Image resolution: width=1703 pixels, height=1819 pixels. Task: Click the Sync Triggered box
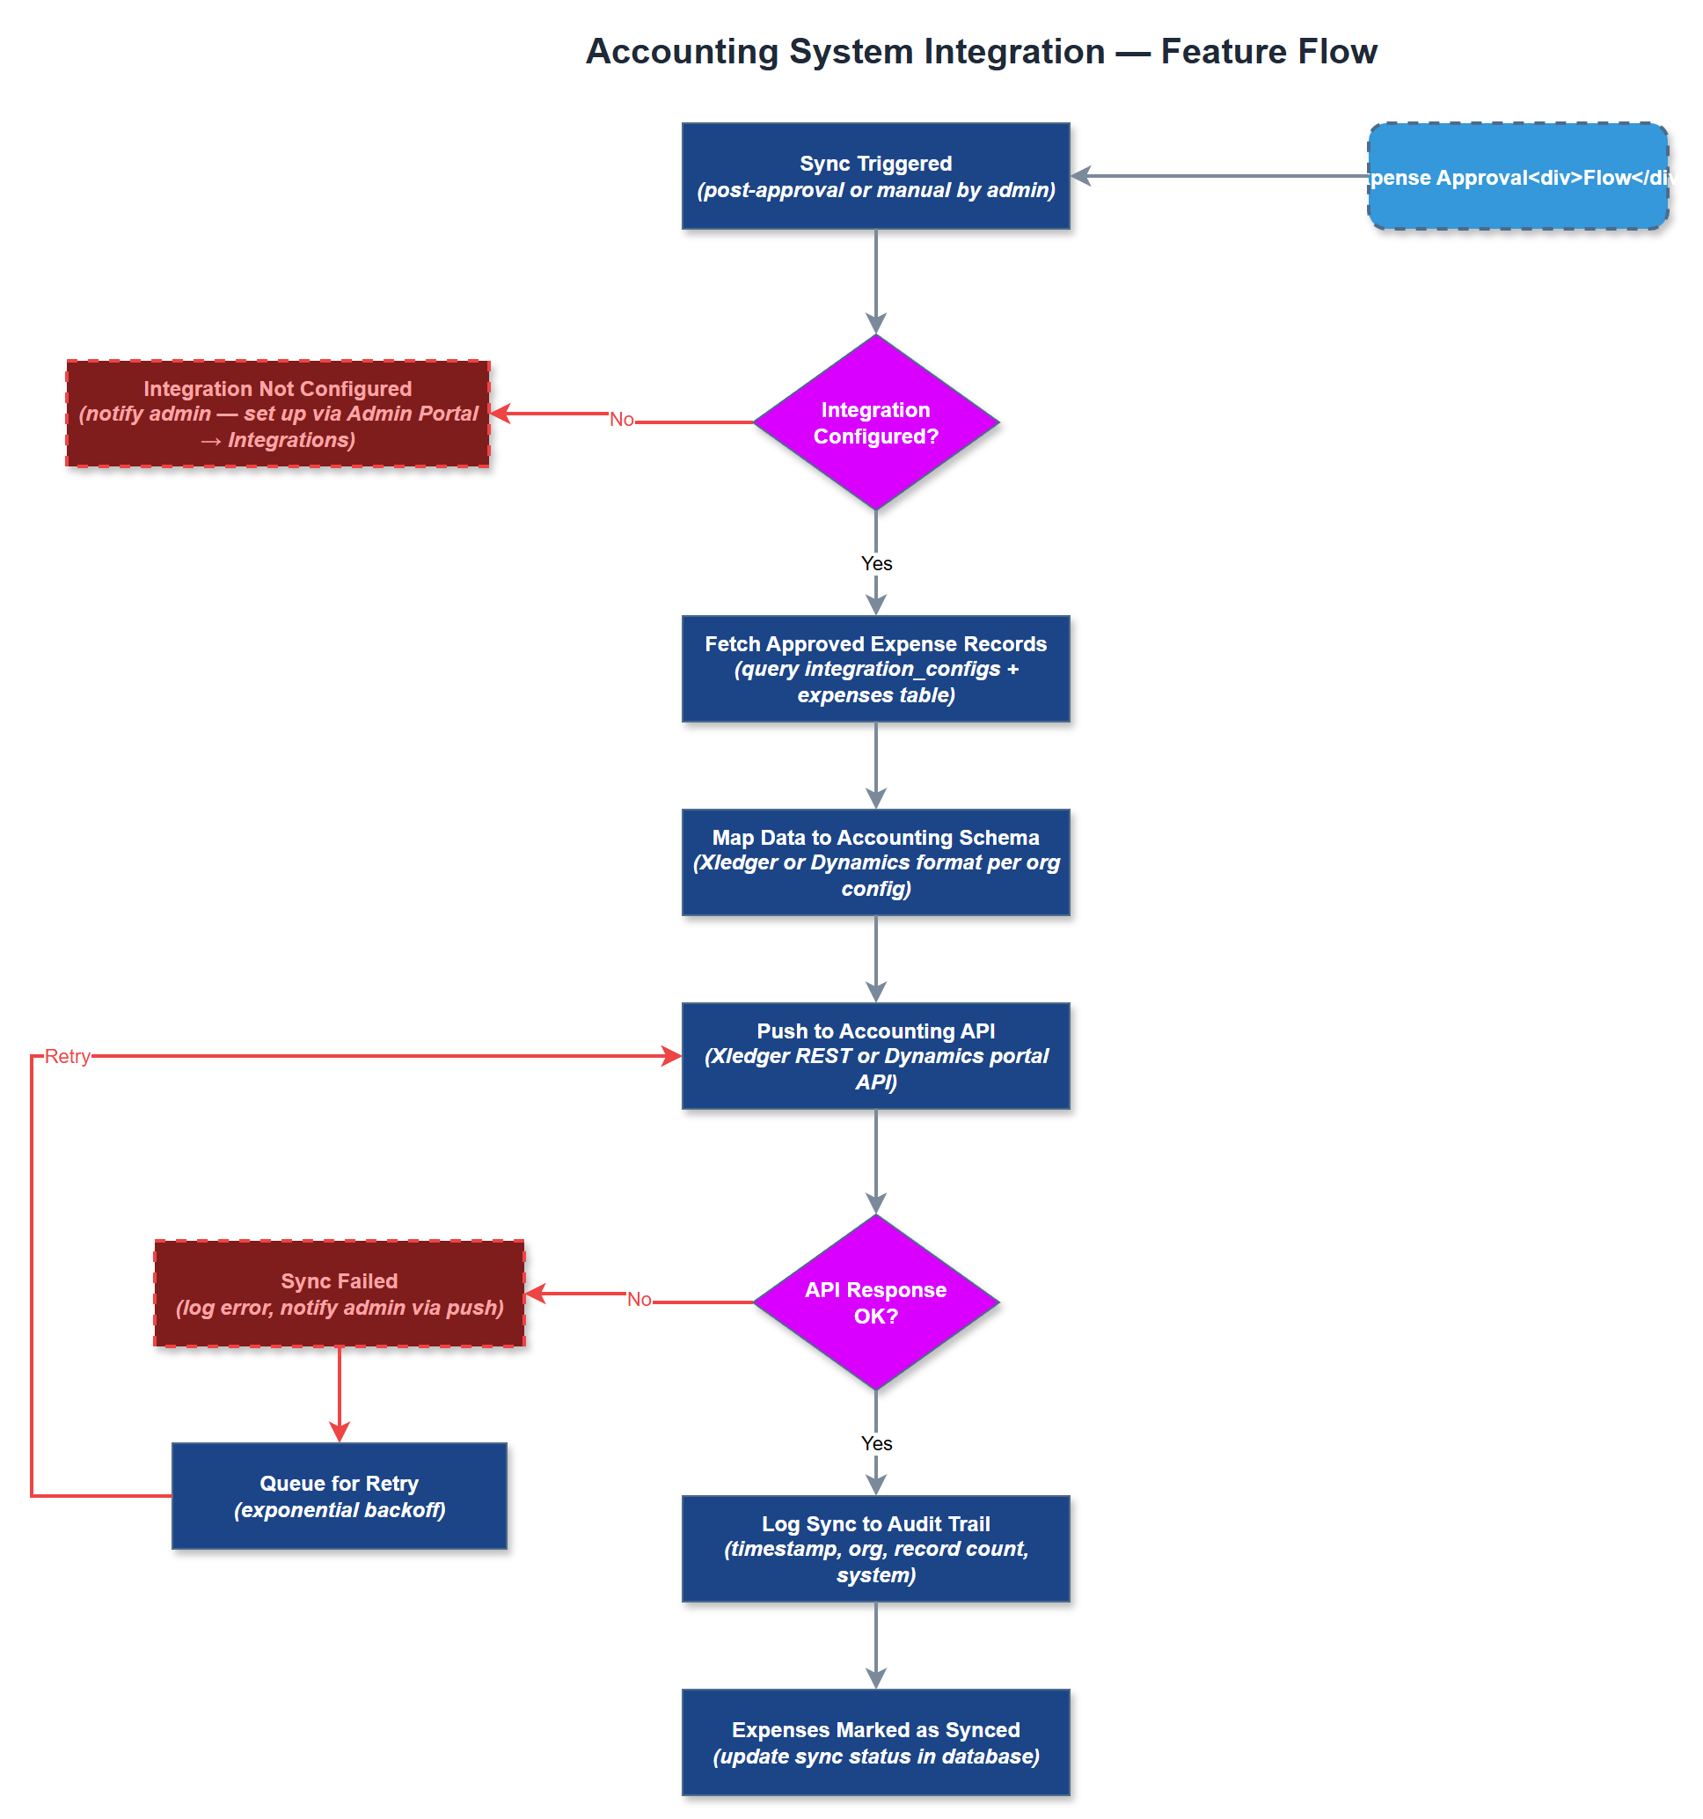pos(875,176)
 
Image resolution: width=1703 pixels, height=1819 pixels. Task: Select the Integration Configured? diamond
pos(875,422)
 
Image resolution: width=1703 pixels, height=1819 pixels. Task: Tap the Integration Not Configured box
pos(277,414)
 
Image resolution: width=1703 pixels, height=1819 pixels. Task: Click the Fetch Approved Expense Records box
pos(875,669)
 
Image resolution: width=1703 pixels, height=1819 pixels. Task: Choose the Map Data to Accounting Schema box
pos(875,862)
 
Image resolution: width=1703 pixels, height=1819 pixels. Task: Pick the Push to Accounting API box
pos(875,1056)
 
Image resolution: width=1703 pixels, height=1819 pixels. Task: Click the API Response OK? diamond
pos(875,1302)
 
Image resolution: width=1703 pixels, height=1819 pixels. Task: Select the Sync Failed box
pos(340,1293)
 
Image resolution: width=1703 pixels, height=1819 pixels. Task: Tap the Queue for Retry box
pos(340,1496)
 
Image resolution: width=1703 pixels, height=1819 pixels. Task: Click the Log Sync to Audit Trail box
pos(875,1548)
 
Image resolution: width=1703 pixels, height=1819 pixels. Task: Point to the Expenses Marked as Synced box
pos(875,1742)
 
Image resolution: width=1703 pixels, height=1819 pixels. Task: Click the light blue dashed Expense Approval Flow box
pos(1517,176)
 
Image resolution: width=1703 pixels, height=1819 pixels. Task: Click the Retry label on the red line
pos(68,1056)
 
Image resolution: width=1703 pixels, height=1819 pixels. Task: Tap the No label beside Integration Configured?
pos(622,419)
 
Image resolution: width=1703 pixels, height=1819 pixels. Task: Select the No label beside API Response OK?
pos(640,1299)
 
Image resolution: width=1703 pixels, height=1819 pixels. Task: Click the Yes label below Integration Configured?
pos(876,563)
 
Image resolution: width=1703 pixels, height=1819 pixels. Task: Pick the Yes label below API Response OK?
pos(876,1443)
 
